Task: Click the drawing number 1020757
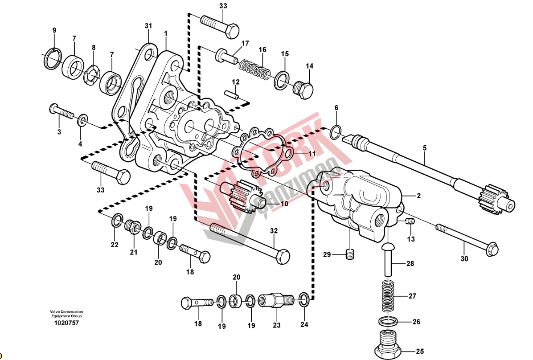(x=67, y=323)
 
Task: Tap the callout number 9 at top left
(x=54, y=30)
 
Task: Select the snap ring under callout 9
(x=53, y=58)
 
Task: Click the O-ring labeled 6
(x=336, y=132)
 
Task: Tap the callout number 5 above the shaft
(x=425, y=148)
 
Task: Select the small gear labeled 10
(x=242, y=196)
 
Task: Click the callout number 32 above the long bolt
(x=274, y=231)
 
